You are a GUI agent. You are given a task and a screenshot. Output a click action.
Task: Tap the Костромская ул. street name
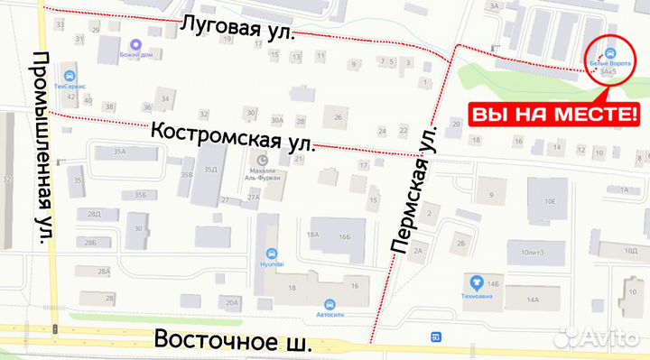[x=233, y=136]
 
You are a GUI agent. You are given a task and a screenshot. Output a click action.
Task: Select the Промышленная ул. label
[x=42, y=146]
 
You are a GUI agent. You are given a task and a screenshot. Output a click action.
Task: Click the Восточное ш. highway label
[x=233, y=341]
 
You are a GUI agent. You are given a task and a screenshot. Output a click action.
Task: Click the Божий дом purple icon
[x=135, y=43]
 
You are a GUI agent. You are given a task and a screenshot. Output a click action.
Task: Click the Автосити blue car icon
[x=330, y=303]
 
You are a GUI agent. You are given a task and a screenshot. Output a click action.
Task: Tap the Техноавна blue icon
[x=475, y=282]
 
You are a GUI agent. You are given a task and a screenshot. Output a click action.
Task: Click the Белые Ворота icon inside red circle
[x=612, y=52]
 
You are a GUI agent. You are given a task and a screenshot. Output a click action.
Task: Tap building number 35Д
[x=210, y=169]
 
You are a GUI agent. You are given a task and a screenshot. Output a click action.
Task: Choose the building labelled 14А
[x=533, y=300]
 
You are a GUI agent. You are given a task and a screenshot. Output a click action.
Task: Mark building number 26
[x=339, y=117]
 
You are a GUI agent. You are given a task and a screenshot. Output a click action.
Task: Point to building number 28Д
[x=94, y=214]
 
